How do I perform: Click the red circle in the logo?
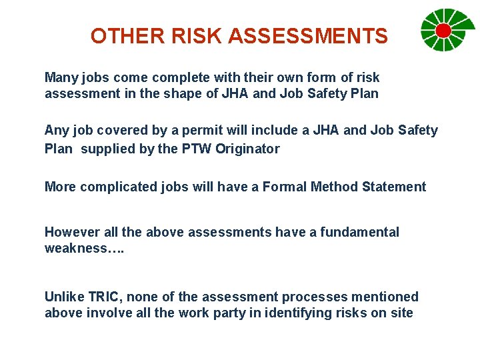click(x=443, y=30)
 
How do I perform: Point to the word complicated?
click(x=120, y=187)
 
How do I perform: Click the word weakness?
click(x=75, y=248)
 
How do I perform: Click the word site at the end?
click(x=402, y=313)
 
